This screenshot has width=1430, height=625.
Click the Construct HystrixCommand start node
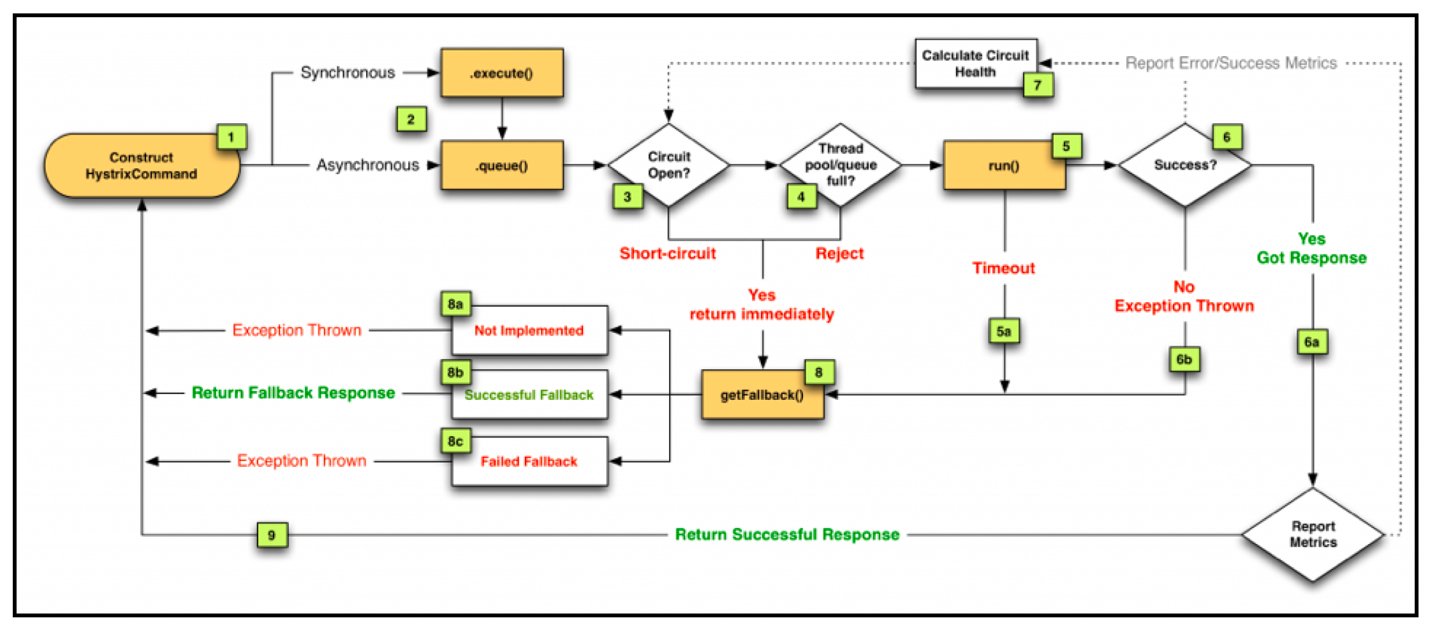pos(142,166)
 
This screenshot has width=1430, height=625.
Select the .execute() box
pos(502,73)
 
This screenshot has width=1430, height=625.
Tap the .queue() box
pos(502,165)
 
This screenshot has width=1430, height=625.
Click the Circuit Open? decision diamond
pos(668,165)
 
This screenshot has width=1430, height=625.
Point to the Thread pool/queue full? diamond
pos(841,165)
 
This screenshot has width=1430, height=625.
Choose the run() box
pos(1005,165)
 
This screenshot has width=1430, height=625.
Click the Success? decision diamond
pos(1185,165)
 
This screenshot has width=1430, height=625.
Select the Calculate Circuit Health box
pos(976,64)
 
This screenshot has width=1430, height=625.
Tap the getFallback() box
pos(762,395)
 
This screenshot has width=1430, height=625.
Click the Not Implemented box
pos(529,330)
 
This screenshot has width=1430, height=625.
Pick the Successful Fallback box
pos(529,395)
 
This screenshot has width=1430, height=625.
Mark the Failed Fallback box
pos(529,461)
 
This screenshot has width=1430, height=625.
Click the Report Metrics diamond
pos(1313,534)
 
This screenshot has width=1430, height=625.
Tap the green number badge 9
pos(272,535)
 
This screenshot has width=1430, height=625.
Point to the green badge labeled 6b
pos(1184,359)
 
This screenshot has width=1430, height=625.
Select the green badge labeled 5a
pos(1004,331)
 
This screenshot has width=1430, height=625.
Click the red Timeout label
pos(1004,268)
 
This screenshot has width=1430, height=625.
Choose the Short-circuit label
pos(668,253)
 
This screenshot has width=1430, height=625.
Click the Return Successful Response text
pos(787,534)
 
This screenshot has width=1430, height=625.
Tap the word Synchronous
pos(348,73)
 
